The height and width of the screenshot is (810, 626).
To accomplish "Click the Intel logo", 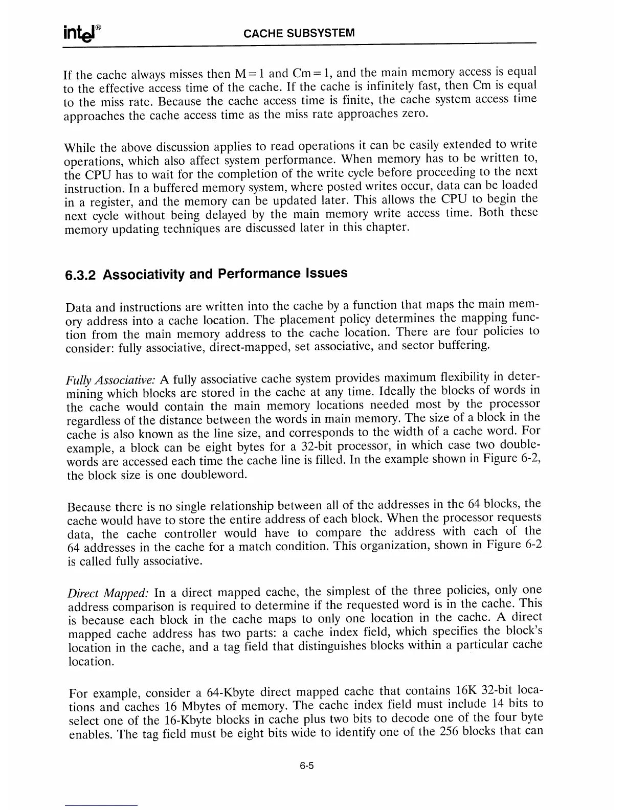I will coord(81,33).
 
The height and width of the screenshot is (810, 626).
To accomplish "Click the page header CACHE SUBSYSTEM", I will coord(299,34).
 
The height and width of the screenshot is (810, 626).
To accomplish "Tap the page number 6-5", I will coord(307,767).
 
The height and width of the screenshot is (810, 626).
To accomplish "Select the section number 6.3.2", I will coord(81,275).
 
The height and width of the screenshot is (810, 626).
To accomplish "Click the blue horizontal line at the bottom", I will coord(101,806).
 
